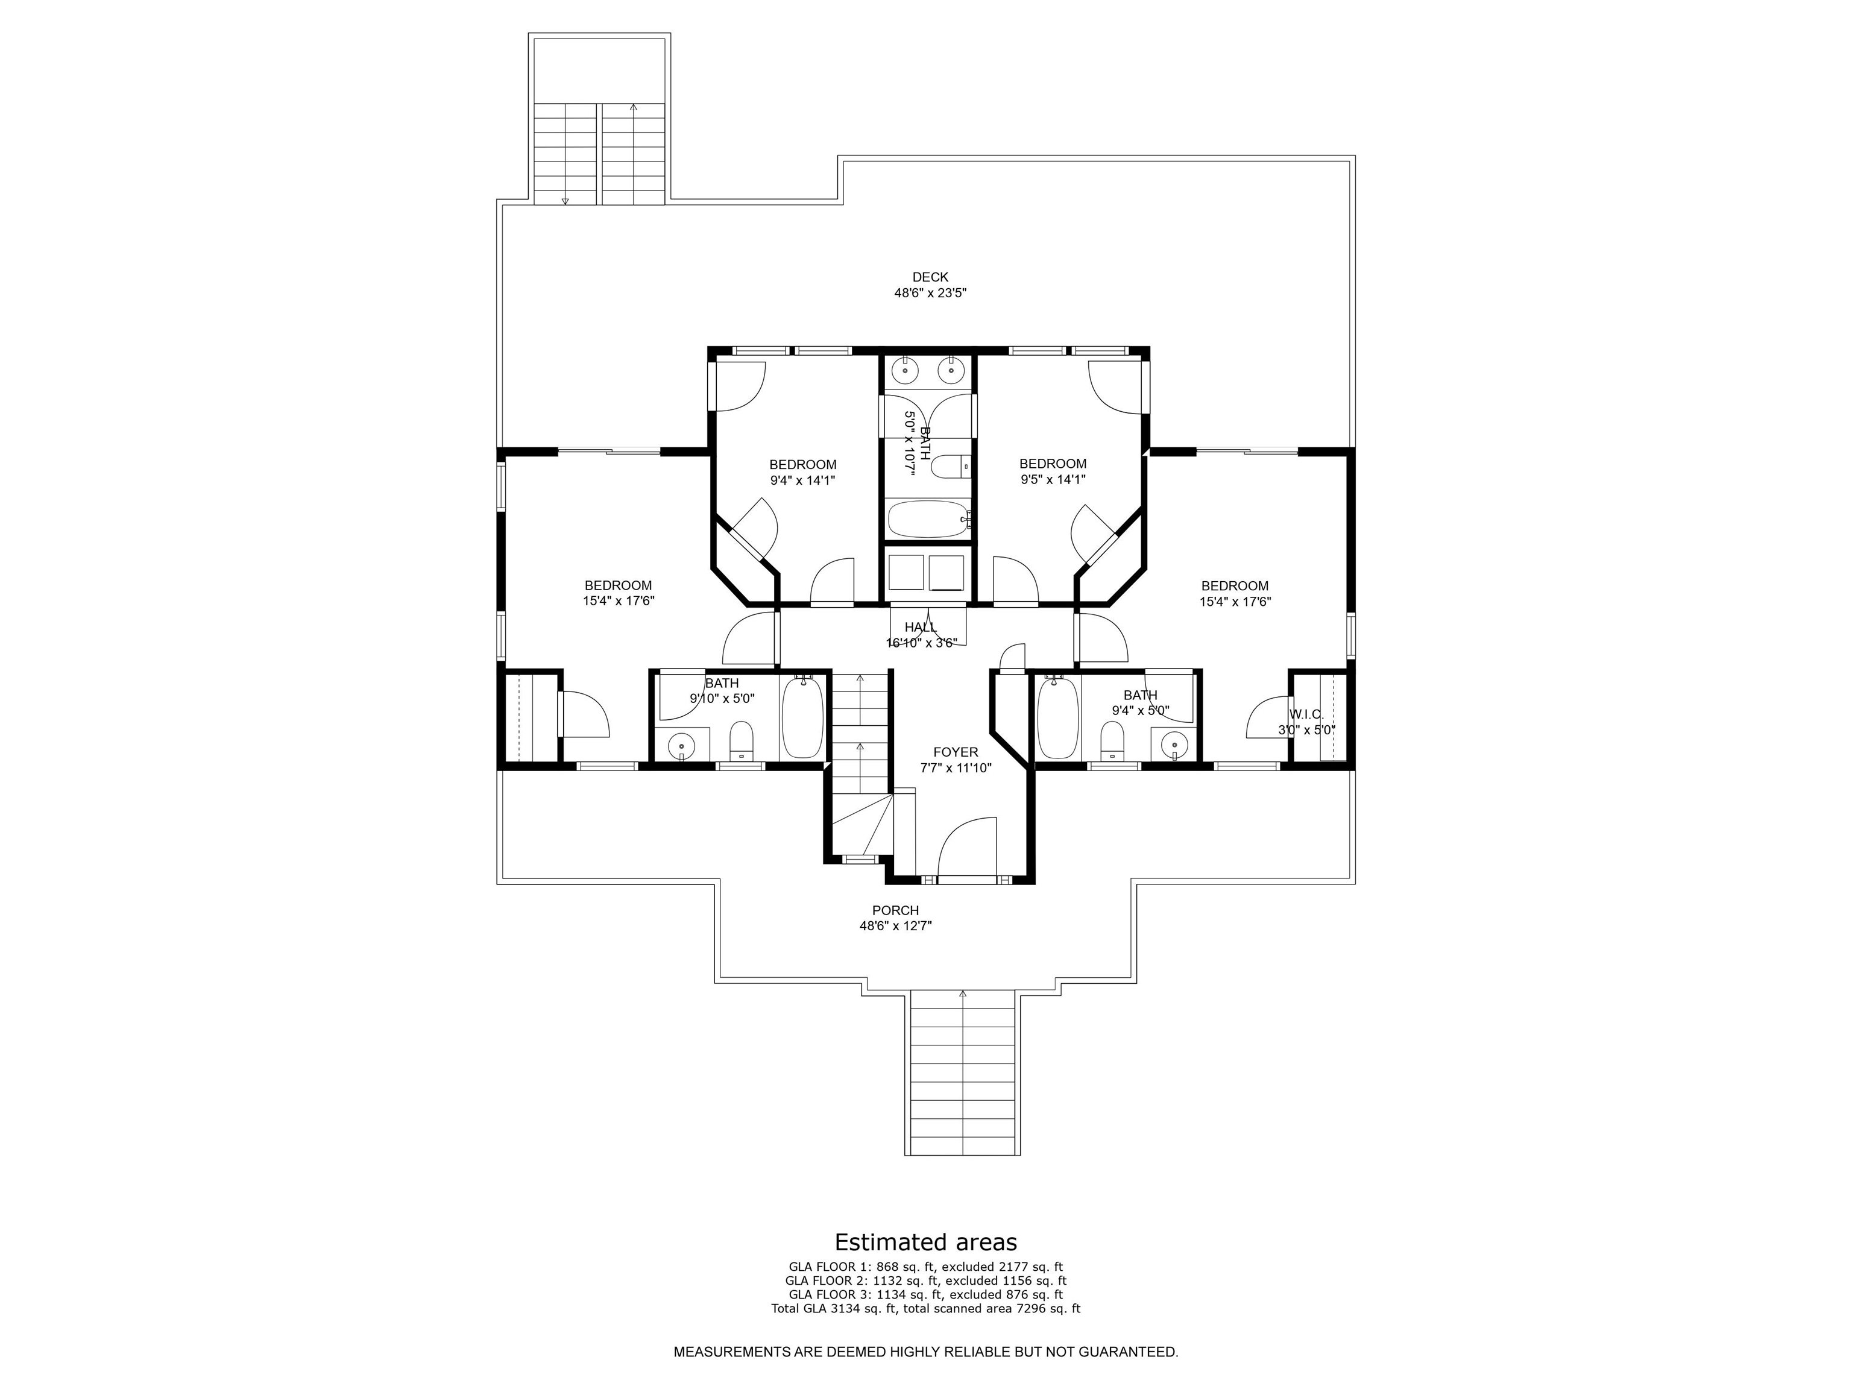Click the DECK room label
930,277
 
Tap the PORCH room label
895,910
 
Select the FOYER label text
956,752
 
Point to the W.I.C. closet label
1306,714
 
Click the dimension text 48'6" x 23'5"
930,293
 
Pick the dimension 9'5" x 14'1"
1053,480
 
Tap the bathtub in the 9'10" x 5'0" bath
802,717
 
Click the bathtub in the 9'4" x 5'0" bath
1057,717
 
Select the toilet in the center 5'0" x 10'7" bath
950,467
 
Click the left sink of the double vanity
904,368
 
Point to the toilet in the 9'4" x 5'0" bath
1112,740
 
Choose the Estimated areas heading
926,1242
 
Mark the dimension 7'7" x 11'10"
956,768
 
